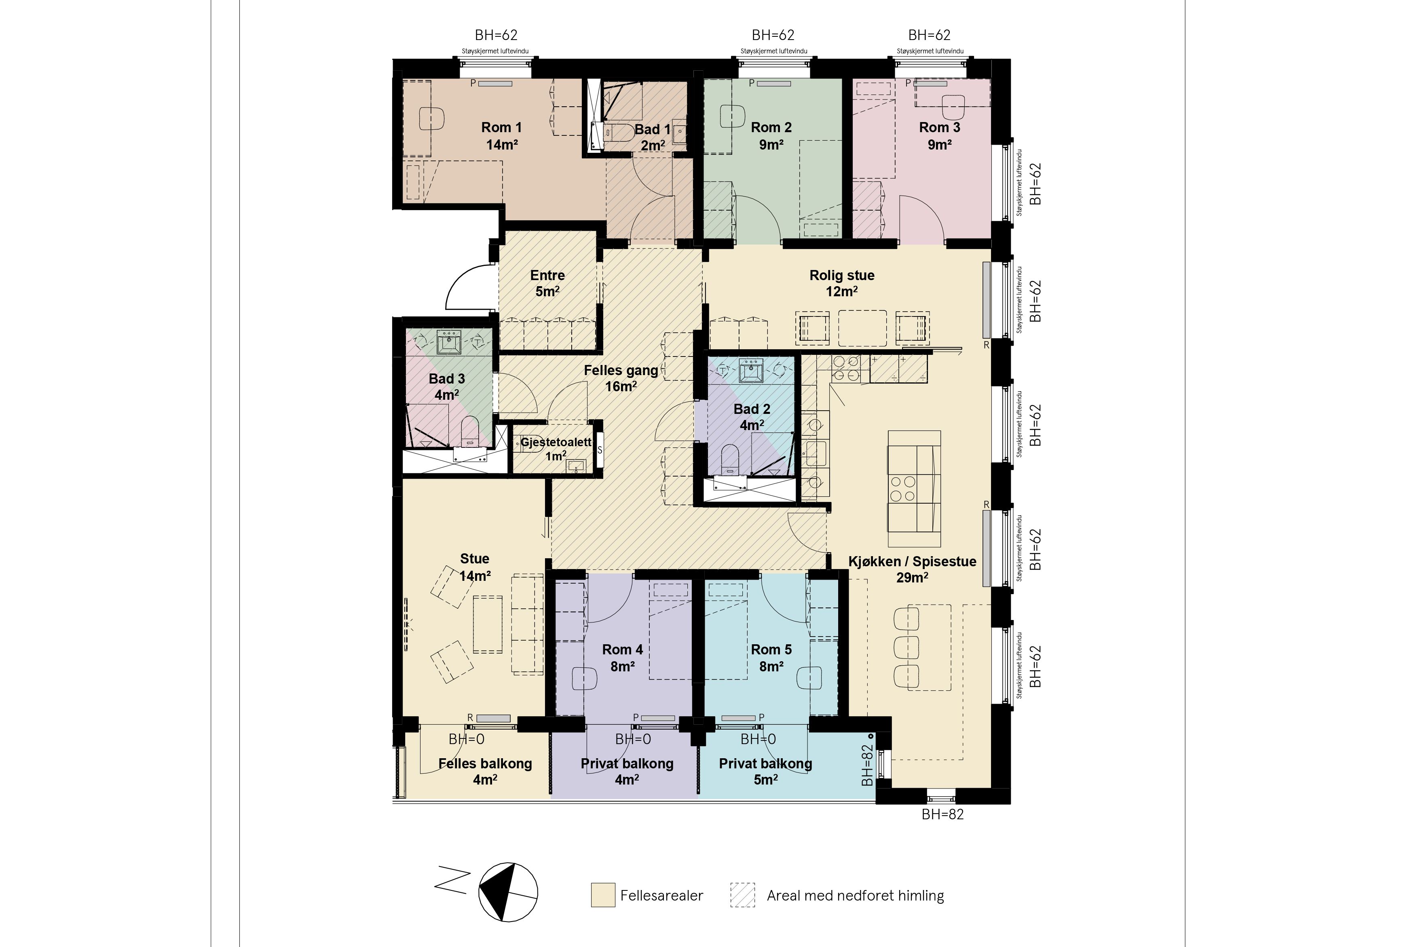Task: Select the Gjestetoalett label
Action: (556, 442)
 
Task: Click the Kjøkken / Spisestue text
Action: (912, 562)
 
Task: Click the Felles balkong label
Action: (485, 764)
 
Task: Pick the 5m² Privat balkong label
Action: (765, 771)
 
